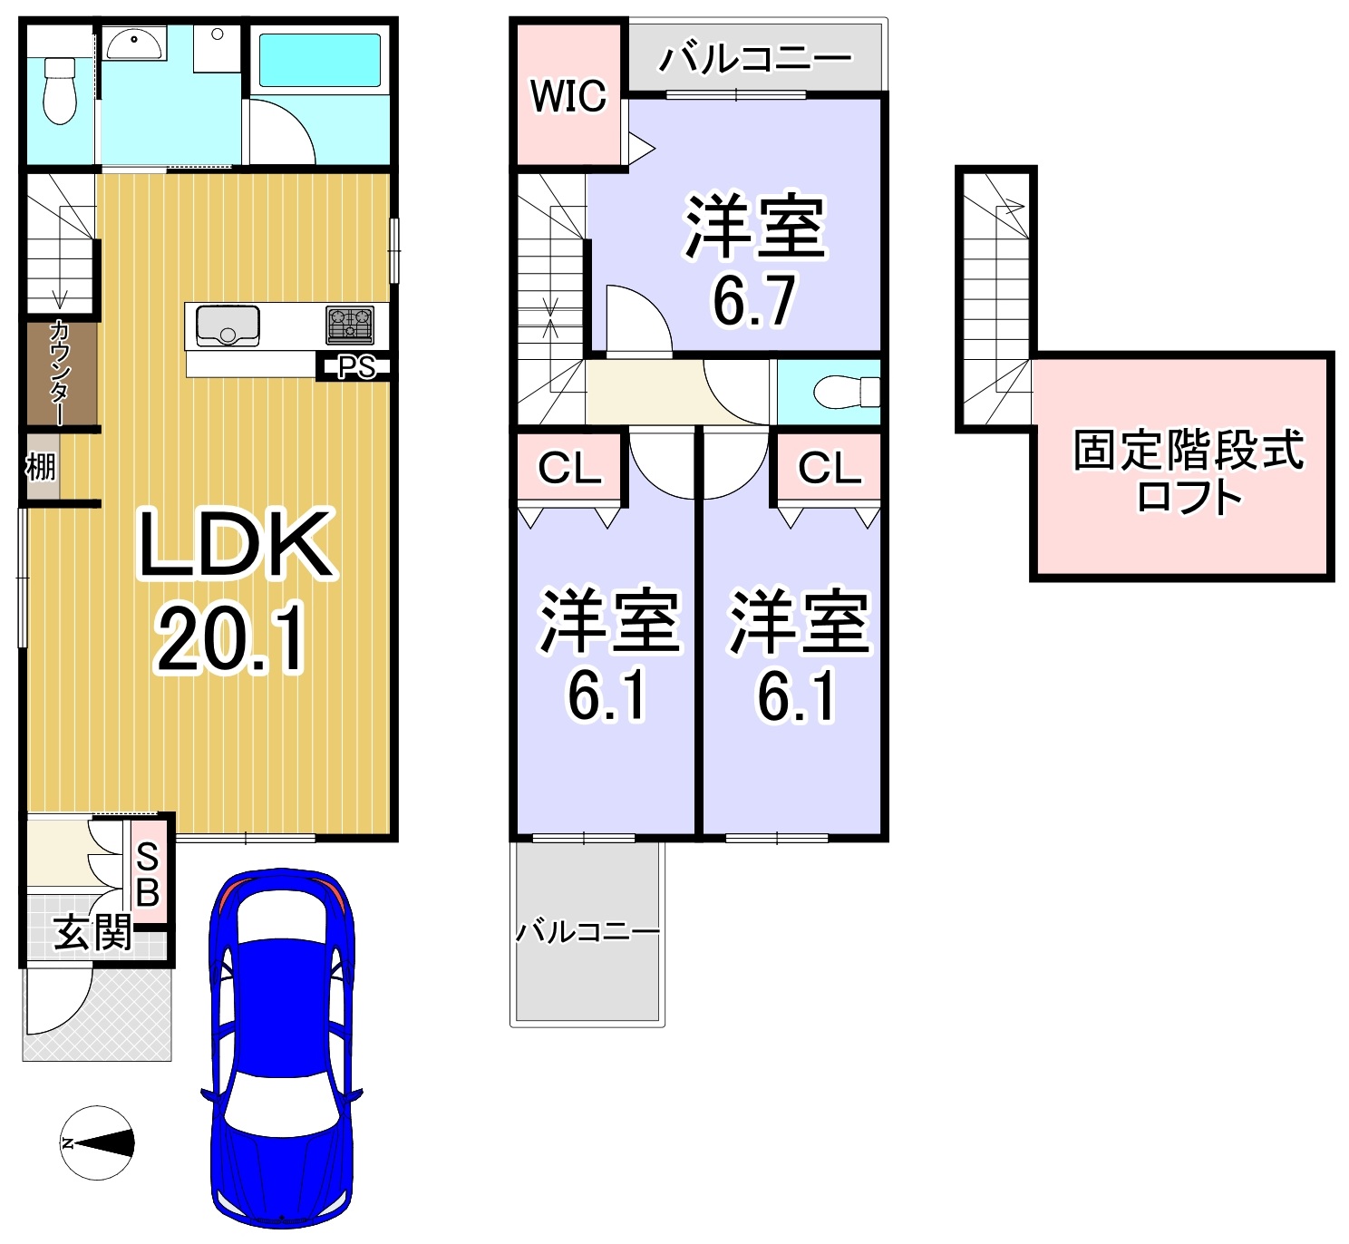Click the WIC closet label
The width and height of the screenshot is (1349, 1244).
coord(568,96)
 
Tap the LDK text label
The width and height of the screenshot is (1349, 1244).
coord(236,544)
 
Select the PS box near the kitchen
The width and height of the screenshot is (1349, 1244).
coord(356,367)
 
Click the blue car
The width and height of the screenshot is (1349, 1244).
coord(282,1047)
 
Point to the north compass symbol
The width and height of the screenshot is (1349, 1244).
coord(97,1143)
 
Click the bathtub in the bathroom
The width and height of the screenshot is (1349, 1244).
coord(320,61)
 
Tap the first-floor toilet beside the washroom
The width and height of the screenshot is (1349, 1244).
coord(59,91)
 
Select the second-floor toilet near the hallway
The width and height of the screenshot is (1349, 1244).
coord(846,392)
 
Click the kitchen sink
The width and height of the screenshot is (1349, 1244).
coord(228,326)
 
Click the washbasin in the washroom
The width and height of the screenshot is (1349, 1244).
coord(134,44)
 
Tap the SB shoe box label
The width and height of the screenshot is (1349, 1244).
coord(148,874)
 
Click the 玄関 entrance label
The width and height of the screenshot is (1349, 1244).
coord(93,933)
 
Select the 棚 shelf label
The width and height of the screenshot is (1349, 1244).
coord(41,467)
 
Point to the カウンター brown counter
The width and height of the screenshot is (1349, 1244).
coord(60,373)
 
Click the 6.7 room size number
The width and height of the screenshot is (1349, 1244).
coord(753,300)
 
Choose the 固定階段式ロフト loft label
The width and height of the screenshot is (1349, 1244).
coord(1188,471)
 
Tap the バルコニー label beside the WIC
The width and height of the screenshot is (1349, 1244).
coord(754,58)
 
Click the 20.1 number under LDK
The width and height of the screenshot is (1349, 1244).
coord(230,639)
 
